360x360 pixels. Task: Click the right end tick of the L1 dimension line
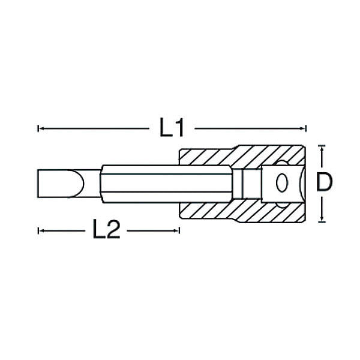[306, 128]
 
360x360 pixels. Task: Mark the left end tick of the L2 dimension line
[38, 230]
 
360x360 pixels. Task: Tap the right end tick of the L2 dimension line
[179, 230]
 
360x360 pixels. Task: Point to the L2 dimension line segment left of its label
[63, 230]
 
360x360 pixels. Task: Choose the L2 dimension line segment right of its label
[153, 230]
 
